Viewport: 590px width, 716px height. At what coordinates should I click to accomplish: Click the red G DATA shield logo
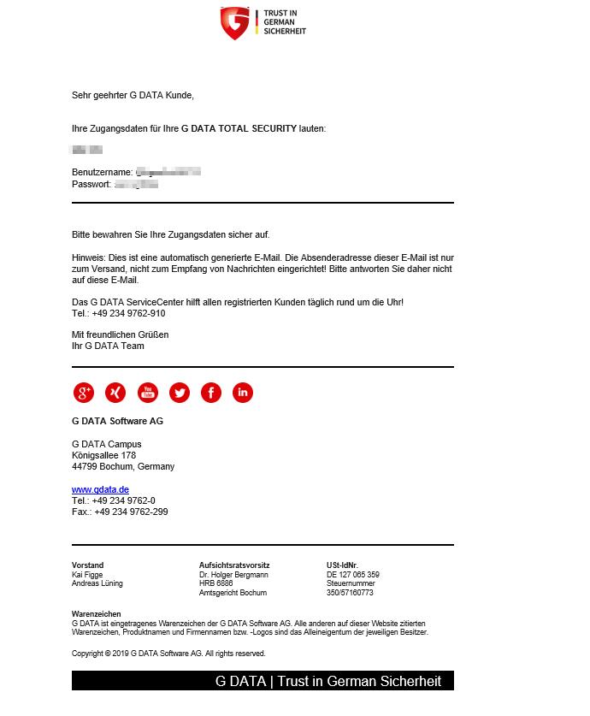tap(235, 23)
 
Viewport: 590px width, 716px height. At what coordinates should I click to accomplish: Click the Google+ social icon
tap(84, 393)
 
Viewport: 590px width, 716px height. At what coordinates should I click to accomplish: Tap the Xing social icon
tap(115, 393)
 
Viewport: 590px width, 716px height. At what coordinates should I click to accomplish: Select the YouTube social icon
tap(148, 393)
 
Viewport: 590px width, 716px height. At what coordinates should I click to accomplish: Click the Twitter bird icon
tap(180, 393)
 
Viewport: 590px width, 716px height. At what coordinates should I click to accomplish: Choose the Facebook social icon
tap(211, 393)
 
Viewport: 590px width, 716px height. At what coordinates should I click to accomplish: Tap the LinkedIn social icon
tap(243, 393)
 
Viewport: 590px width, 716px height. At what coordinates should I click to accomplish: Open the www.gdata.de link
tap(100, 489)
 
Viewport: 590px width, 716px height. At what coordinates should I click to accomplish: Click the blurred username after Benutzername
tap(168, 172)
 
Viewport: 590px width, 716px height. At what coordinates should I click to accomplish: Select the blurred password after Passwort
tap(136, 184)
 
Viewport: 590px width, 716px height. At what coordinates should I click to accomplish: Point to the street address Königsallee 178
tap(103, 455)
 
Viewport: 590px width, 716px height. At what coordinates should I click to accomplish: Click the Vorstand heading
tap(87, 565)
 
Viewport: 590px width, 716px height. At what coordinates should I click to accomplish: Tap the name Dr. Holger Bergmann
tap(233, 575)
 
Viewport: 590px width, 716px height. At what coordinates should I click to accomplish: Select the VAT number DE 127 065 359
tap(353, 575)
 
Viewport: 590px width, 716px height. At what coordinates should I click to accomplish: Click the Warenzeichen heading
tap(96, 614)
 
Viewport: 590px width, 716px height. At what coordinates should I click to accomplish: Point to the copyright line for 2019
tap(168, 653)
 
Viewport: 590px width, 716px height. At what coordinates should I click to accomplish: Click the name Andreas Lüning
tap(97, 583)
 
